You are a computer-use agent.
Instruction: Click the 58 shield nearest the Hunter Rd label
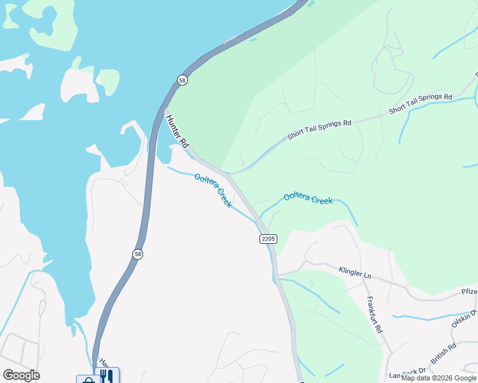[x=183, y=80]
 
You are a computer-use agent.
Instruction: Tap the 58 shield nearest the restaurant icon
[x=137, y=254]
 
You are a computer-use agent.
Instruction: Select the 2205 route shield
[x=268, y=239]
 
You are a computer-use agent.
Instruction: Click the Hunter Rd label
[x=176, y=130]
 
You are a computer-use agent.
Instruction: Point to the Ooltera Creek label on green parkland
[x=308, y=199]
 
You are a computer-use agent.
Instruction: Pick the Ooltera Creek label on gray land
[x=213, y=190]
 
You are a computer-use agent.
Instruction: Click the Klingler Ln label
[x=355, y=273]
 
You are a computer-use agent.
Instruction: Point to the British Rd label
[x=443, y=354]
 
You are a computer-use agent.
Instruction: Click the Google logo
[x=21, y=375]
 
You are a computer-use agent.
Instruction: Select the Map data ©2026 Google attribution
[x=438, y=378]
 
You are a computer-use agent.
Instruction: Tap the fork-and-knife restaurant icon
[x=107, y=376]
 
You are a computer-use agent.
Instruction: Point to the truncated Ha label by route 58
[x=103, y=361]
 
